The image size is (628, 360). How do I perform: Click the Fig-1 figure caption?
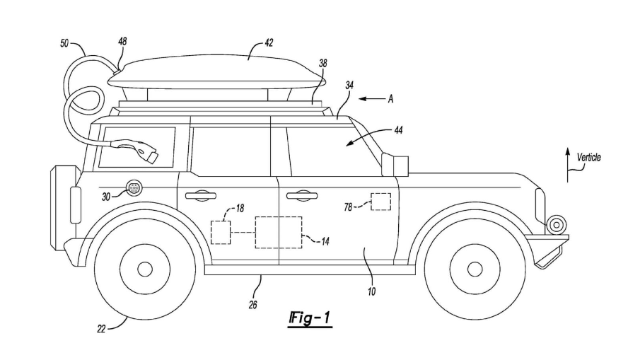click(x=310, y=318)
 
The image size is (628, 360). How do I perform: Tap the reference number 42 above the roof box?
click(x=269, y=43)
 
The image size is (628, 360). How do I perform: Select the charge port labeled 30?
click(x=133, y=188)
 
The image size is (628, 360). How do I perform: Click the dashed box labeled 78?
click(x=380, y=202)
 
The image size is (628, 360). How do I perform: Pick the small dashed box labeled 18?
click(x=221, y=232)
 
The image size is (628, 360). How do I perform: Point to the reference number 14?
click(x=325, y=241)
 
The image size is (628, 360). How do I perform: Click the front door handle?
click(x=302, y=195)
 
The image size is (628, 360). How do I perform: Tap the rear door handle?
click(x=201, y=195)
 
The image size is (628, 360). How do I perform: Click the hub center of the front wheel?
click(x=475, y=269)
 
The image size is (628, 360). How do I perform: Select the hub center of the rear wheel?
click(x=145, y=269)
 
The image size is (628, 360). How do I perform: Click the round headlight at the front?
click(x=557, y=225)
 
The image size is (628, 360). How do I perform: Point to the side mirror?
click(x=395, y=164)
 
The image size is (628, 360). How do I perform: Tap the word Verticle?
click(x=588, y=158)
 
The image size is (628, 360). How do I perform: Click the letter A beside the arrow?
click(x=390, y=98)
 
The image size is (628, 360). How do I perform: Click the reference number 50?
click(x=64, y=43)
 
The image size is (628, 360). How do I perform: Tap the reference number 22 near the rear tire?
click(x=101, y=329)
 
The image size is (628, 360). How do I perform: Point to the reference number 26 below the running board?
click(x=252, y=305)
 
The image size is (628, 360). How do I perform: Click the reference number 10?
click(x=372, y=292)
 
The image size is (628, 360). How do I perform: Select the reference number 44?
click(x=398, y=130)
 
